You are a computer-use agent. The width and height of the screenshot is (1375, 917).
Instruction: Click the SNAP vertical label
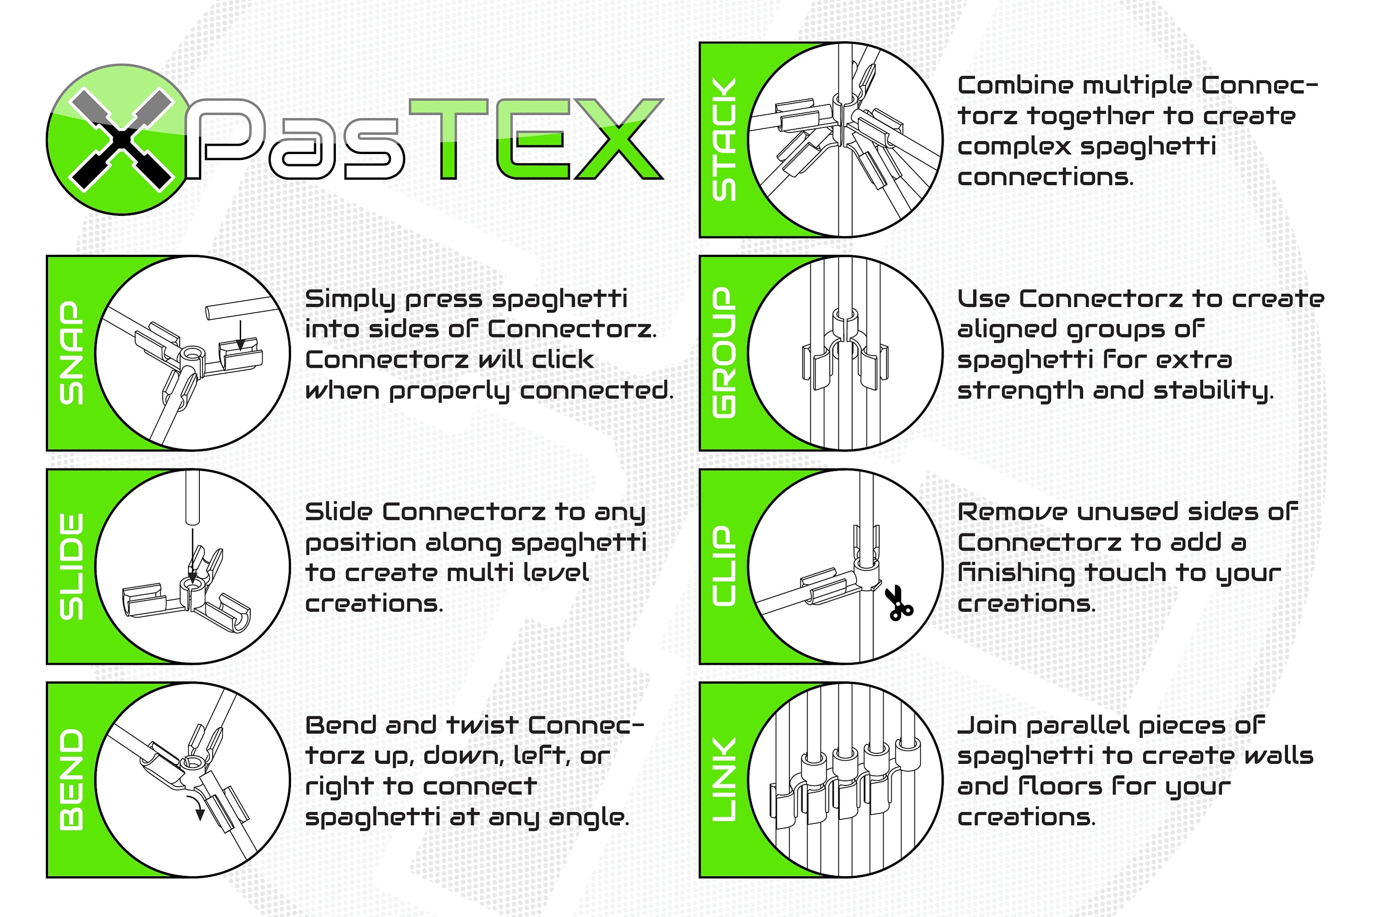pos(71,353)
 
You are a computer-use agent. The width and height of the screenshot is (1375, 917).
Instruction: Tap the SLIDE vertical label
pos(71,566)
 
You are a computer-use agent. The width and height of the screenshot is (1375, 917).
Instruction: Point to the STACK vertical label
pos(724,140)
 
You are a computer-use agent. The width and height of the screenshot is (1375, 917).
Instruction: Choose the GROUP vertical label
pos(724,353)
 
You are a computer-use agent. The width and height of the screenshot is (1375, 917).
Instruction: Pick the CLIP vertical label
pos(724,566)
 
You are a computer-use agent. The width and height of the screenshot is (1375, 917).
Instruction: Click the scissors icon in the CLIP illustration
pos(898,603)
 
